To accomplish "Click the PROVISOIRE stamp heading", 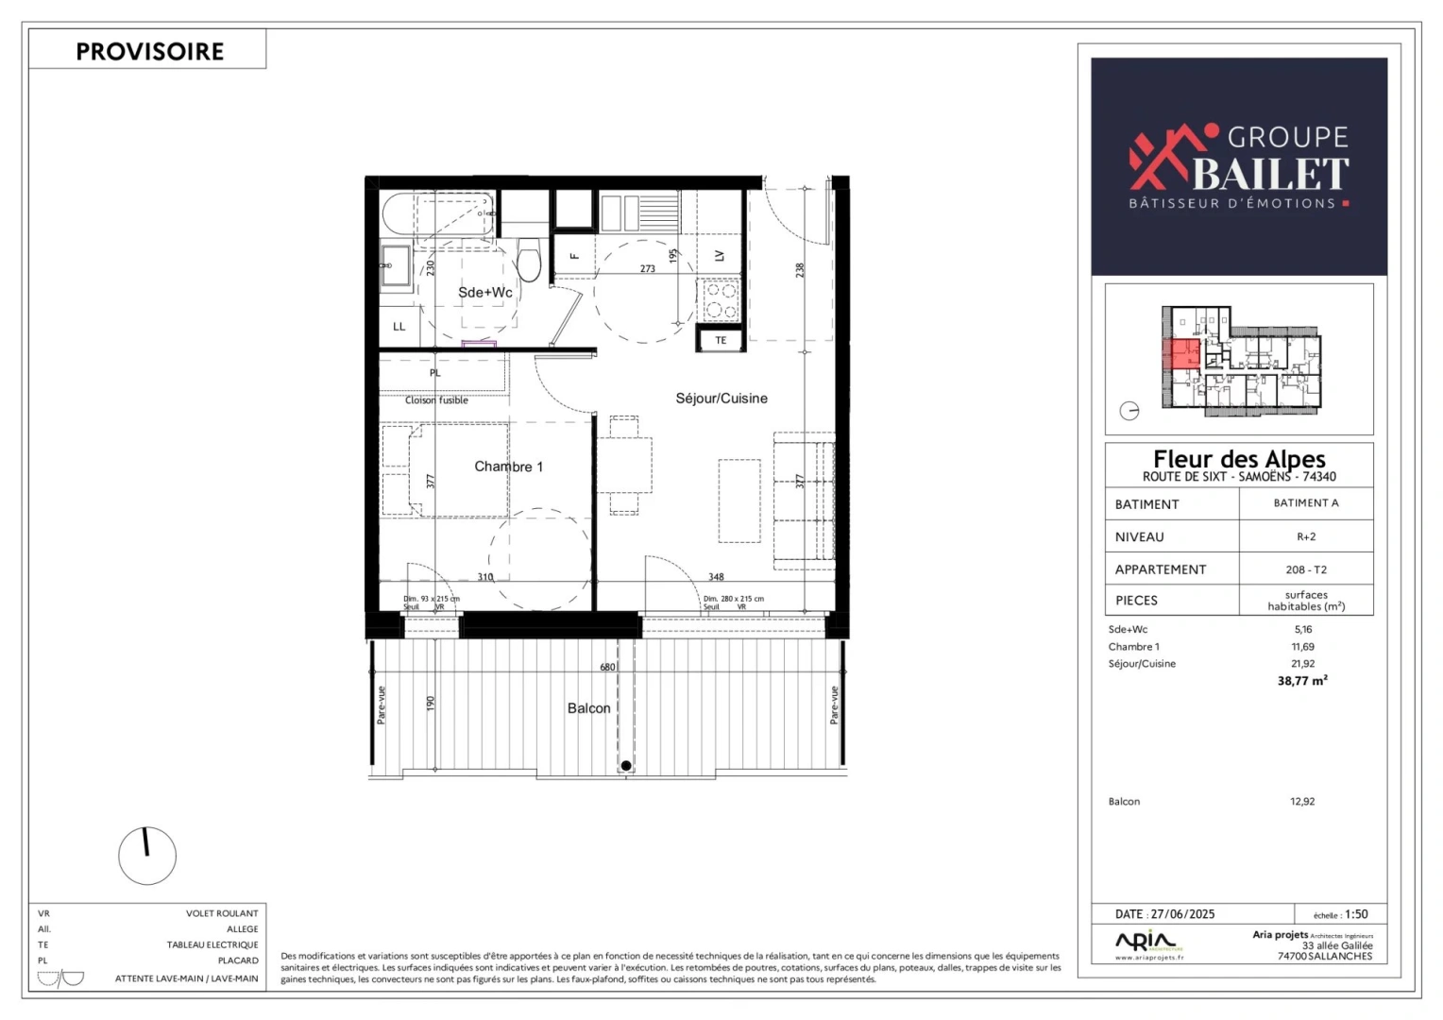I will [149, 51].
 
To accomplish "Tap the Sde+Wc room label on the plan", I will [484, 293].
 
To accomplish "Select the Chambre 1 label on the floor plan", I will [508, 467].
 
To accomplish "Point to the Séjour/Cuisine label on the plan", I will [721, 399].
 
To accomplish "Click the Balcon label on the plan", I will [588, 708].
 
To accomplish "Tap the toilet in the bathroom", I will [529, 260].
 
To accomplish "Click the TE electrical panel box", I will [721, 340].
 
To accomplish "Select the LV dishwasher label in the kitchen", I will [720, 256].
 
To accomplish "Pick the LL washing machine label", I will [399, 327].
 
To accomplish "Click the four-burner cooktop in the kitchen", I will [720, 301].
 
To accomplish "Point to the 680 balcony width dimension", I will [607, 667].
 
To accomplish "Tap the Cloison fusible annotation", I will [436, 400].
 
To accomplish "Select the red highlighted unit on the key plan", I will [1184, 353].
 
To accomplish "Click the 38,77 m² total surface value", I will [1302, 680].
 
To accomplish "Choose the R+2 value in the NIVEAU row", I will [1306, 536].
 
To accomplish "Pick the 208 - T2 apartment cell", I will [1306, 569].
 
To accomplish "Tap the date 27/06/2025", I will [1182, 914].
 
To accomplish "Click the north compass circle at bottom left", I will [147, 856].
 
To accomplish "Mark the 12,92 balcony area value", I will [1302, 802].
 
